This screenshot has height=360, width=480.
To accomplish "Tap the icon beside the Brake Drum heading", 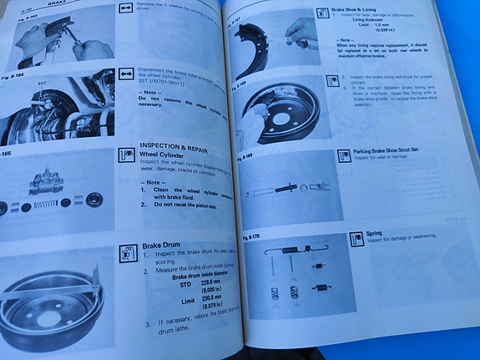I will (128, 251).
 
